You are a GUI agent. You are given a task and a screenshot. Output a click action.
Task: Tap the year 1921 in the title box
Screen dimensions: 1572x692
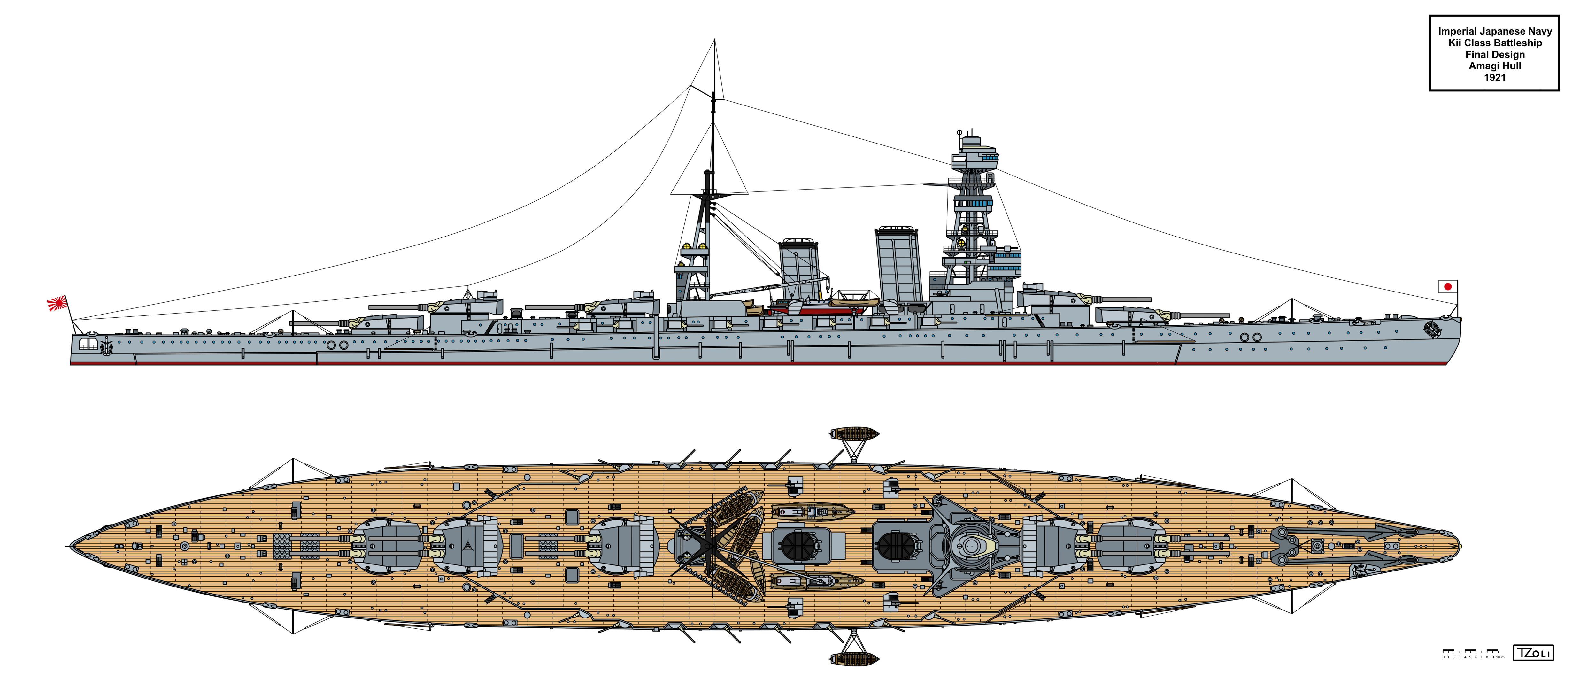point(1494,77)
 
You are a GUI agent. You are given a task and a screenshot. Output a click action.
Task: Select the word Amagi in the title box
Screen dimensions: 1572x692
point(1482,66)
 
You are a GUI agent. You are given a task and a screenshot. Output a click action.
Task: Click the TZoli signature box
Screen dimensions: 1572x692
point(1533,652)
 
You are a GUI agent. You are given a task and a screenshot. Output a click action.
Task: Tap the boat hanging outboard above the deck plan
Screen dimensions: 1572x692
point(854,434)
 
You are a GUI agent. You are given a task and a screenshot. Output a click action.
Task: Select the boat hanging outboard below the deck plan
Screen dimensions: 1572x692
point(854,658)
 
